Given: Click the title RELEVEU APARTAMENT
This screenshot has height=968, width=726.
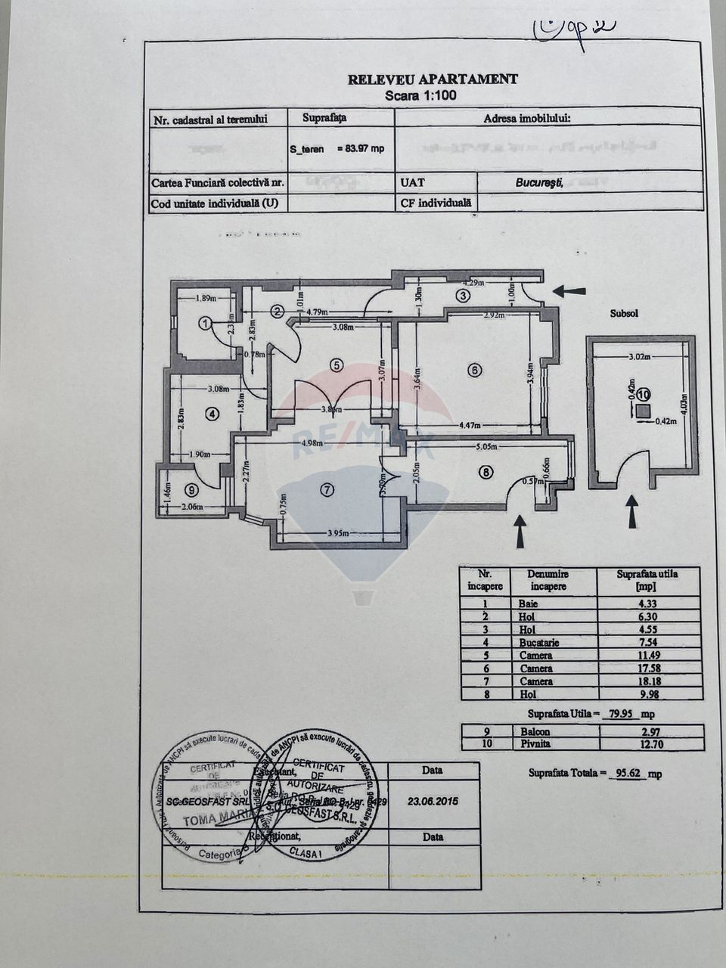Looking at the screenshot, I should tap(433, 79).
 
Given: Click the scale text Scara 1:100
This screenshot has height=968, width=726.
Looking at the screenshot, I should tap(420, 96).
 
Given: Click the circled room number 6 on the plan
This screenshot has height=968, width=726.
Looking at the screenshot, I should tap(474, 371).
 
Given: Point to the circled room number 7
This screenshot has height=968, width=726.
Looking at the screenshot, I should tap(327, 490).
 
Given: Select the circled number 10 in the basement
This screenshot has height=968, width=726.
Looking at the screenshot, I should tap(642, 394).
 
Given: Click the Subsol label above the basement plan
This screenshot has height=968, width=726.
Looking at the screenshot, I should tap(624, 313).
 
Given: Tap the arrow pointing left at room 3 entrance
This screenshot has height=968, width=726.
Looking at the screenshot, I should tap(569, 291).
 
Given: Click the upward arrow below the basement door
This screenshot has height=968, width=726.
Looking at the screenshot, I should tap(631, 511).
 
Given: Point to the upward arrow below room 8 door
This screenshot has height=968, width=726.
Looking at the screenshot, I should tap(520, 531).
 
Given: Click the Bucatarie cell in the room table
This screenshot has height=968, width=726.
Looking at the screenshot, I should tap(538, 642).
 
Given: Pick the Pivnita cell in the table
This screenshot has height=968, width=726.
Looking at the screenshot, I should tap(535, 743).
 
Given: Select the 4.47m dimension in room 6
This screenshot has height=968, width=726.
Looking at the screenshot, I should tap(469, 426).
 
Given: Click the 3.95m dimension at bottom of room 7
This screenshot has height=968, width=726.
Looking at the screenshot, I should tap(339, 534).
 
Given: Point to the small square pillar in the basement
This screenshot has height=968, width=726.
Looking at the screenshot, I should tap(643, 411).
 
